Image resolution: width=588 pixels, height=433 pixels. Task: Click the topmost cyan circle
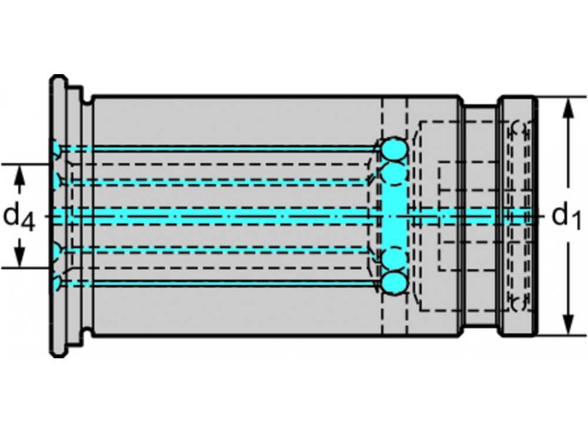[x=393, y=149]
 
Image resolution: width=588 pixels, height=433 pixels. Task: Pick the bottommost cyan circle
[x=393, y=283]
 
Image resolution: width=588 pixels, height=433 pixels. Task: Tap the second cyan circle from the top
[x=393, y=174]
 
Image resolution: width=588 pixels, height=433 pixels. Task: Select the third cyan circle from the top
[x=393, y=258]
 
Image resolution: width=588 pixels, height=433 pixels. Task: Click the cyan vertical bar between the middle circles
[x=393, y=216]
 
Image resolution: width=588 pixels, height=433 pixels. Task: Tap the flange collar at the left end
[x=57, y=216]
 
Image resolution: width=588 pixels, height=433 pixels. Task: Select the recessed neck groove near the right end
[x=480, y=216]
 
